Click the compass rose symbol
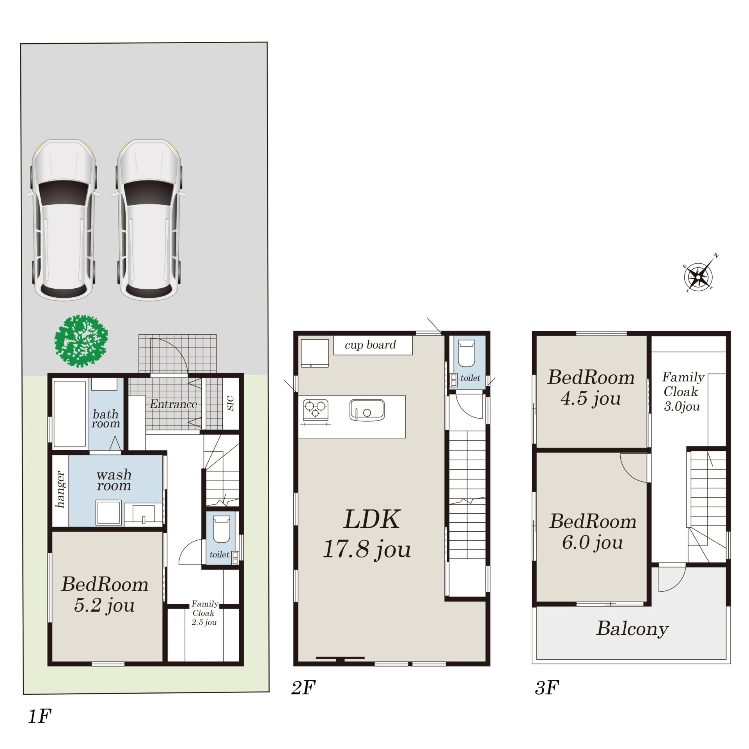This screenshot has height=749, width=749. coord(698,276)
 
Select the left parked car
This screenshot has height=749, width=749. coord(64,220)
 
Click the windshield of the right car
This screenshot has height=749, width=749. coord(149,193)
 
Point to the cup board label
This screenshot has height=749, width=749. coord(370,345)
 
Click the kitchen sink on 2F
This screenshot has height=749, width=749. coord(367,410)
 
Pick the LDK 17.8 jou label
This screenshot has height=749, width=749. coord(367,534)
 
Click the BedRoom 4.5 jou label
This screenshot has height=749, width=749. coord(591,388)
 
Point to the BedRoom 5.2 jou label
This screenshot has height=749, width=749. coord(105,595)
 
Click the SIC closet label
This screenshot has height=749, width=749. coord(231,403)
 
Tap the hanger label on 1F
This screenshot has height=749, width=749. coord(60,490)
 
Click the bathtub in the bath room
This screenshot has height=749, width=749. coord(70,414)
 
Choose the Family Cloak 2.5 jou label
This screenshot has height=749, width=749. coord(204,613)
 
